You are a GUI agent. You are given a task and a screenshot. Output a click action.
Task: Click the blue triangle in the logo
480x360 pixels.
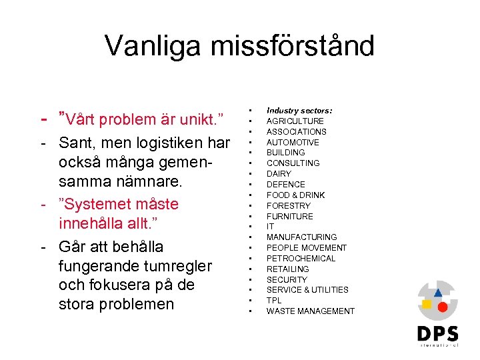(x=438, y=292)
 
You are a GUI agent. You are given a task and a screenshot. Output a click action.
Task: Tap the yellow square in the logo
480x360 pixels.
(x=427, y=305)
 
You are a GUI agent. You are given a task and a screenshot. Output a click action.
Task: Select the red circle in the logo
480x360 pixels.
(x=441, y=307)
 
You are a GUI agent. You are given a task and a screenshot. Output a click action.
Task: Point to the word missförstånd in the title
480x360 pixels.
(x=291, y=46)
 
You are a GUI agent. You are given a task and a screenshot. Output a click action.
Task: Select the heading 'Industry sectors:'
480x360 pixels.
(x=299, y=111)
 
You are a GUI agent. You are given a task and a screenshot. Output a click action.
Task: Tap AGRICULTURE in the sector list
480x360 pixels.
(x=295, y=121)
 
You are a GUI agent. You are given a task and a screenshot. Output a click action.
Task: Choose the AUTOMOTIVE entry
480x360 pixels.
(x=293, y=142)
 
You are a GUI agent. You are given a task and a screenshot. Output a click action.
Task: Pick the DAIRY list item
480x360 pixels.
(x=279, y=174)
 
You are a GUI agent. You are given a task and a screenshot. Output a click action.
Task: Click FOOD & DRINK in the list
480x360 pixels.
(x=295, y=195)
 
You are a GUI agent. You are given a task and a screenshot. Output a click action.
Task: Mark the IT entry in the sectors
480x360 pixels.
(x=271, y=227)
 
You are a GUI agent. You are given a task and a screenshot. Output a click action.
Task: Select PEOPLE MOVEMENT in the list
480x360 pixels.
(x=307, y=248)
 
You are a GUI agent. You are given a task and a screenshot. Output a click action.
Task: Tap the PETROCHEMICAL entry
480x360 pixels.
(x=301, y=259)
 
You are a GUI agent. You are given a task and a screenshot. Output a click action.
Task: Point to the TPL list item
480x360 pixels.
(x=274, y=301)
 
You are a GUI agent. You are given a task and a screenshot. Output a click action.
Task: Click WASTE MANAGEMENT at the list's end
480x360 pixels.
(x=310, y=311)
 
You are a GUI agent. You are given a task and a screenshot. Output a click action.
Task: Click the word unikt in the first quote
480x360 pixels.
(x=197, y=120)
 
